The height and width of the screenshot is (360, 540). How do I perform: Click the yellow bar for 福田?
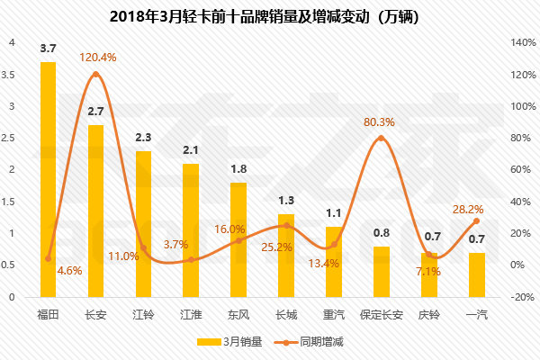coord(48,180)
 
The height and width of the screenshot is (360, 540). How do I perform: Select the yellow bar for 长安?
coord(95,211)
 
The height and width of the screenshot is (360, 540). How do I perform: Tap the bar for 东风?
coord(238,239)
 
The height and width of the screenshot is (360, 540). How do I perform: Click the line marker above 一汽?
coord(477,220)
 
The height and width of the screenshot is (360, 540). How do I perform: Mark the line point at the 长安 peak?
coord(95,75)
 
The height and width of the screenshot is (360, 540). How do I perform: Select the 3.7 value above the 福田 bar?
coord(49,47)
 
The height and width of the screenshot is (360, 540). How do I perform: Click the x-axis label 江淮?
coord(191,314)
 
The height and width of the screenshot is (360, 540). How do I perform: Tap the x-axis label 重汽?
coord(334,314)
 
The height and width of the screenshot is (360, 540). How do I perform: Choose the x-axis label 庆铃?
coord(429,314)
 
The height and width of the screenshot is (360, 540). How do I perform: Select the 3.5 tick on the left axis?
coord(9,75)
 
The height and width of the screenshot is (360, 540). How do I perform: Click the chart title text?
coord(268,16)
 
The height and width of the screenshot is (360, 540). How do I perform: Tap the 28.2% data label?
coord(477,209)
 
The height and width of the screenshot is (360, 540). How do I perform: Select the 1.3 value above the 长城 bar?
coord(286,200)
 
